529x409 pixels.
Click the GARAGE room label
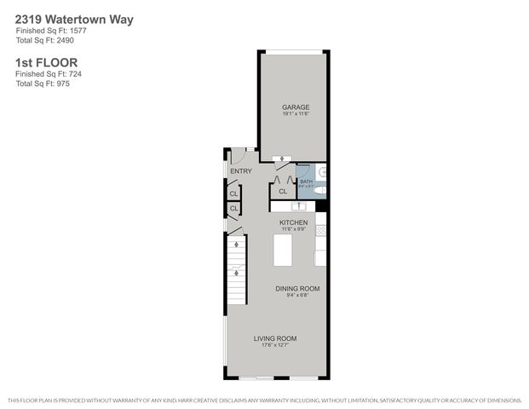pyautogui.click(x=295, y=107)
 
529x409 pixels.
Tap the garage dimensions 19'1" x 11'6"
pyautogui.click(x=295, y=113)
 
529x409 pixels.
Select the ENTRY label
pyautogui.click(x=241, y=171)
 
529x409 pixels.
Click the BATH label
pyautogui.click(x=306, y=180)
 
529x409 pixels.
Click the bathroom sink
pyautogui.click(x=325, y=172)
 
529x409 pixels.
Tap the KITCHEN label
pyautogui.click(x=294, y=222)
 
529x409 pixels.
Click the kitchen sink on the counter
pyautogui.click(x=299, y=206)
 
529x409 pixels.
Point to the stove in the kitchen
pyautogui.click(x=321, y=229)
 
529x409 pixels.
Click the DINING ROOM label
pyautogui.click(x=297, y=289)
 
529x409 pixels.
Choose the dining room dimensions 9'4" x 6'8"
pyautogui.click(x=297, y=296)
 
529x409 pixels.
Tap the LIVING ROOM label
pyautogui.click(x=273, y=338)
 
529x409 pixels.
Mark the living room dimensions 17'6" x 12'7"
pyautogui.click(x=273, y=345)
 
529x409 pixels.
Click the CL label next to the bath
pyautogui.click(x=283, y=192)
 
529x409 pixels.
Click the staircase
pyautogui.click(x=235, y=271)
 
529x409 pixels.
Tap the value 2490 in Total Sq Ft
pyautogui.click(x=59, y=40)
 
